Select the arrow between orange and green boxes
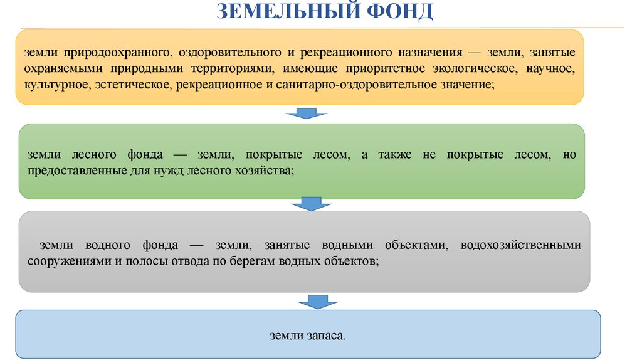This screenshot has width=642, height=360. tap(307, 114)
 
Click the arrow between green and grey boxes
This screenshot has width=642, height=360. tap(307, 203)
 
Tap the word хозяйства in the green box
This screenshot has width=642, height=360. tap(265, 170)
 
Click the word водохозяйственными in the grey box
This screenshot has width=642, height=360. tap(520, 245)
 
